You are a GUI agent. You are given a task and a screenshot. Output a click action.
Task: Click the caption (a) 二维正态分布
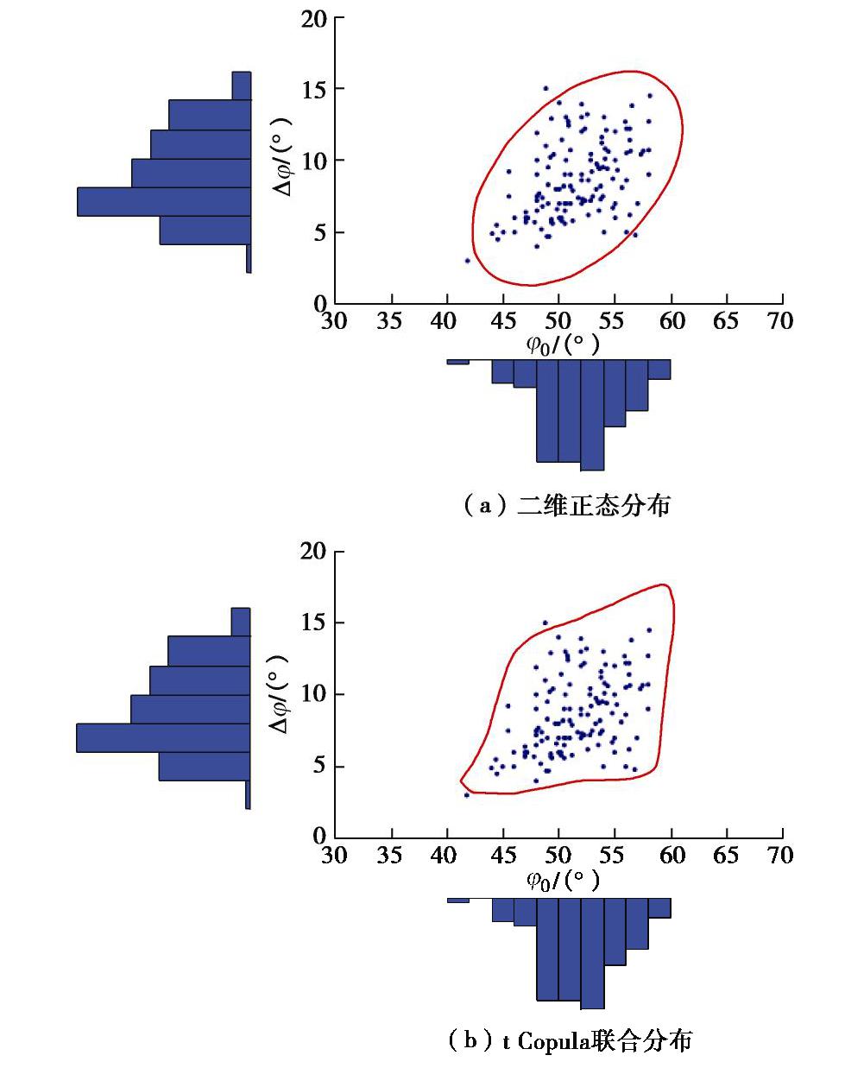click(x=567, y=505)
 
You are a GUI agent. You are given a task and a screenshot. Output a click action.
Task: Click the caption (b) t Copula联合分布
click(x=570, y=1041)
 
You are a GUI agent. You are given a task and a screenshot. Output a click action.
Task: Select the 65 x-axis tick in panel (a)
click(x=726, y=321)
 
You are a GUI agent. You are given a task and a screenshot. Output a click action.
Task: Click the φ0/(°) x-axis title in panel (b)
click(x=563, y=881)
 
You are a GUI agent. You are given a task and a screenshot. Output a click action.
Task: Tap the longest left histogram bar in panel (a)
click(x=164, y=201)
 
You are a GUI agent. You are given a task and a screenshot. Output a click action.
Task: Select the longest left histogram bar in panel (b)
click(x=163, y=738)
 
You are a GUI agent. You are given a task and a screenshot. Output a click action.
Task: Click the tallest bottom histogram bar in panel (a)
click(x=592, y=414)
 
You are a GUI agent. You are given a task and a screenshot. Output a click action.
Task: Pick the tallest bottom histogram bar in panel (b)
click(x=592, y=952)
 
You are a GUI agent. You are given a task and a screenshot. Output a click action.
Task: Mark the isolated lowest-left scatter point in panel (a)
click(x=468, y=260)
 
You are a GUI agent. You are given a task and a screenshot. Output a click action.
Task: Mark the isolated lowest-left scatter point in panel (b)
click(x=467, y=794)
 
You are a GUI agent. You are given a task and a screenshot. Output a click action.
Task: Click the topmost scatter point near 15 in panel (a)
click(x=545, y=88)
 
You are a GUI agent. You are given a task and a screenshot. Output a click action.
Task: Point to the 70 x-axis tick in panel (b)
click(x=780, y=855)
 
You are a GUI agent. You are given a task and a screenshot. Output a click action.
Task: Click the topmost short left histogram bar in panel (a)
click(x=242, y=85)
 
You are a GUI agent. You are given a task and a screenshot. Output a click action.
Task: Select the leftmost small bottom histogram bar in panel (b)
click(x=458, y=901)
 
